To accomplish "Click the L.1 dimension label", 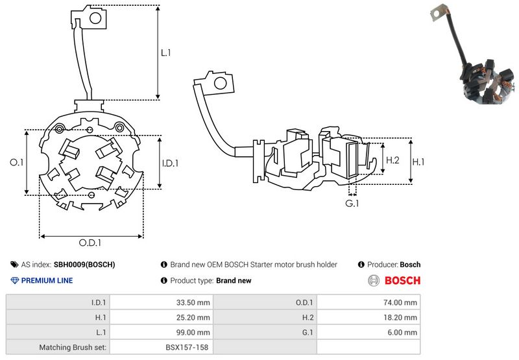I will (166, 53).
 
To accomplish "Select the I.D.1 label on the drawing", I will (169, 163).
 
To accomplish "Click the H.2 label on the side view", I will (392, 160).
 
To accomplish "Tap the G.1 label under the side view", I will (352, 204).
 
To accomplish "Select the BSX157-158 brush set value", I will (187, 348).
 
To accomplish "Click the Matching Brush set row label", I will (75, 348).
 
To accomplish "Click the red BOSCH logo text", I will (402, 281).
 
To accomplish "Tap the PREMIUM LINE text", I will (47, 281).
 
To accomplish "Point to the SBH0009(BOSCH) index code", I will (84, 265).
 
